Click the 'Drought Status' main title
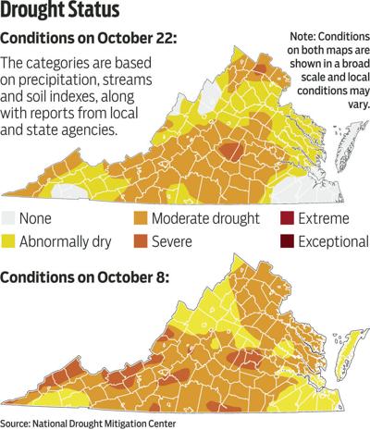[x=68, y=12]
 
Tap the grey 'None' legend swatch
[x=15, y=219]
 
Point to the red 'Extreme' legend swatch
[x=286, y=219]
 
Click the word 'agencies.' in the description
[x=126, y=129]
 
